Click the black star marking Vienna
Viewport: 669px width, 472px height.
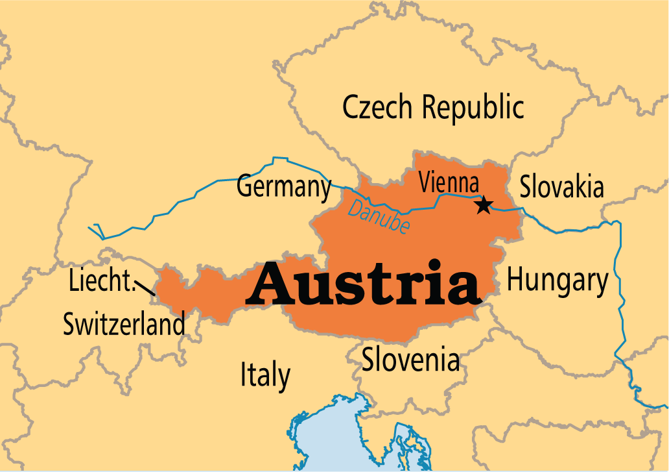(483, 206)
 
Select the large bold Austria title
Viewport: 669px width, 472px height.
(364, 283)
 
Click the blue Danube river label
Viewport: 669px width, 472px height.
(379, 217)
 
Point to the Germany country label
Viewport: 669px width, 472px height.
(284, 187)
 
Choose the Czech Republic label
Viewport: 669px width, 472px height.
(433, 107)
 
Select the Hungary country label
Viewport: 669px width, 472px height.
(557, 280)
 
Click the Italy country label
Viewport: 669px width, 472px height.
(265, 375)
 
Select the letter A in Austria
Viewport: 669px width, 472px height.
(268, 283)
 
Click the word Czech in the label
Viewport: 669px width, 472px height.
(373, 107)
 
